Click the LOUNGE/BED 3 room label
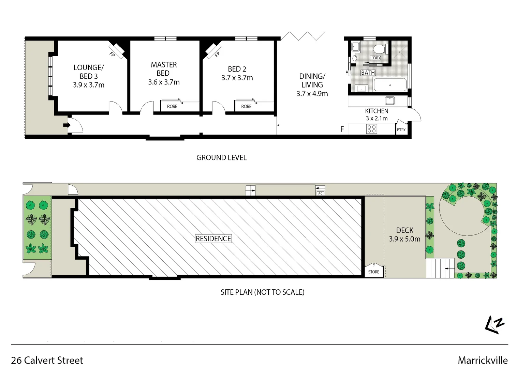(x=88, y=72)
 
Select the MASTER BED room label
(x=164, y=69)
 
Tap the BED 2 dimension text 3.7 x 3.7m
(x=237, y=78)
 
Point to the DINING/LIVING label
(x=312, y=80)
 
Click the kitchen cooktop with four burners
(x=372, y=129)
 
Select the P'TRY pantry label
(x=401, y=130)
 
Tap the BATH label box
(x=368, y=73)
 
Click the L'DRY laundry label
(x=375, y=58)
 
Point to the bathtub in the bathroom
(x=390, y=85)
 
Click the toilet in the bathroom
(x=379, y=49)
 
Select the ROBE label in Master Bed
(x=172, y=107)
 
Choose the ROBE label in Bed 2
(x=246, y=107)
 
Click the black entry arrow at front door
(x=67, y=125)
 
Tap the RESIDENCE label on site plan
(x=213, y=239)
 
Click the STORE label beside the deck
(x=373, y=272)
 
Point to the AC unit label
(x=320, y=194)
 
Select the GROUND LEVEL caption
(x=221, y=158)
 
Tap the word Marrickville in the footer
(x=482, y=360)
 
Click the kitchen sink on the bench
(x=389, y=101)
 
